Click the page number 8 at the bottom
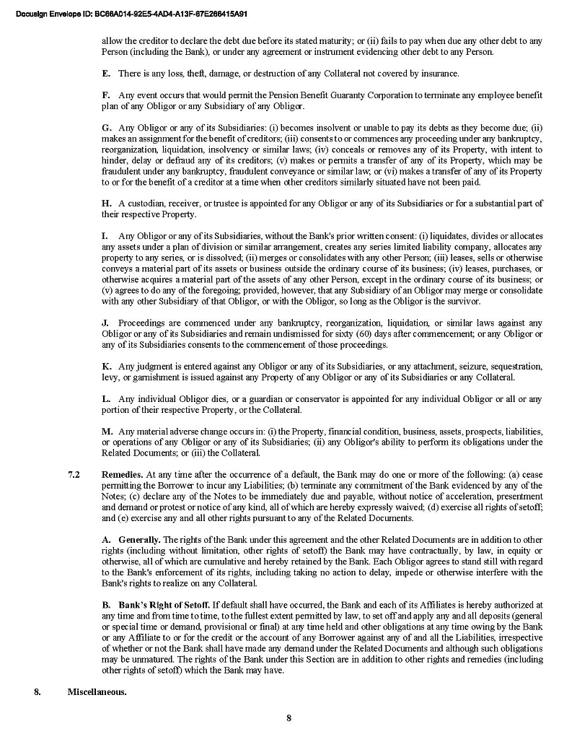click(288, 717)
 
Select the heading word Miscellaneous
click(97, 692)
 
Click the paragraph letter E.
click(106, 74)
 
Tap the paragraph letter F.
click(106, 95)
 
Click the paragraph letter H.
click(106, 204)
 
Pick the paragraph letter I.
click(105, 236)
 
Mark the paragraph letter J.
click(105, 323)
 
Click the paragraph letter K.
click(106, 366)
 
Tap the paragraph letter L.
click(106, 398)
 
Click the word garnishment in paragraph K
click(149, 377)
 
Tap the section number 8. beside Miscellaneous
click(37, 692)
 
